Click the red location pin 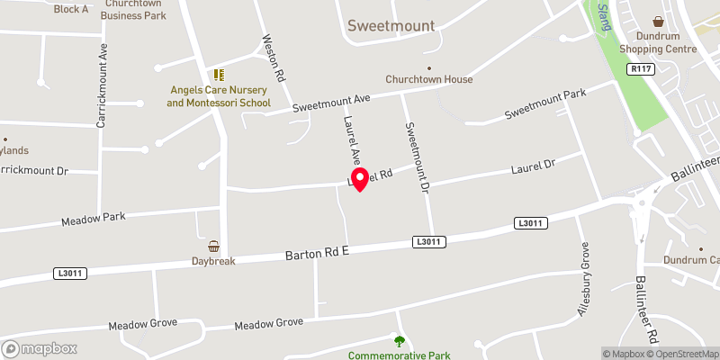coord(359,178)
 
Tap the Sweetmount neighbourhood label coord(391,26)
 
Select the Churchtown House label coord(428,79)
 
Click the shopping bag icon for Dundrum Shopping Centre coord(658,21)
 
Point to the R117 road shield coord(641,68)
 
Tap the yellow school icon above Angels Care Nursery coord(218,76)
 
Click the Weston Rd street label coord(274,58)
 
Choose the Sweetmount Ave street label coord(330,103)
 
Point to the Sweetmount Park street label coord(544,104)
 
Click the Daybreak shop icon coord(213,246)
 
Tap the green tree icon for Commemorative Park coord(400,340)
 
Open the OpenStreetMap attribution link coord(683,354)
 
